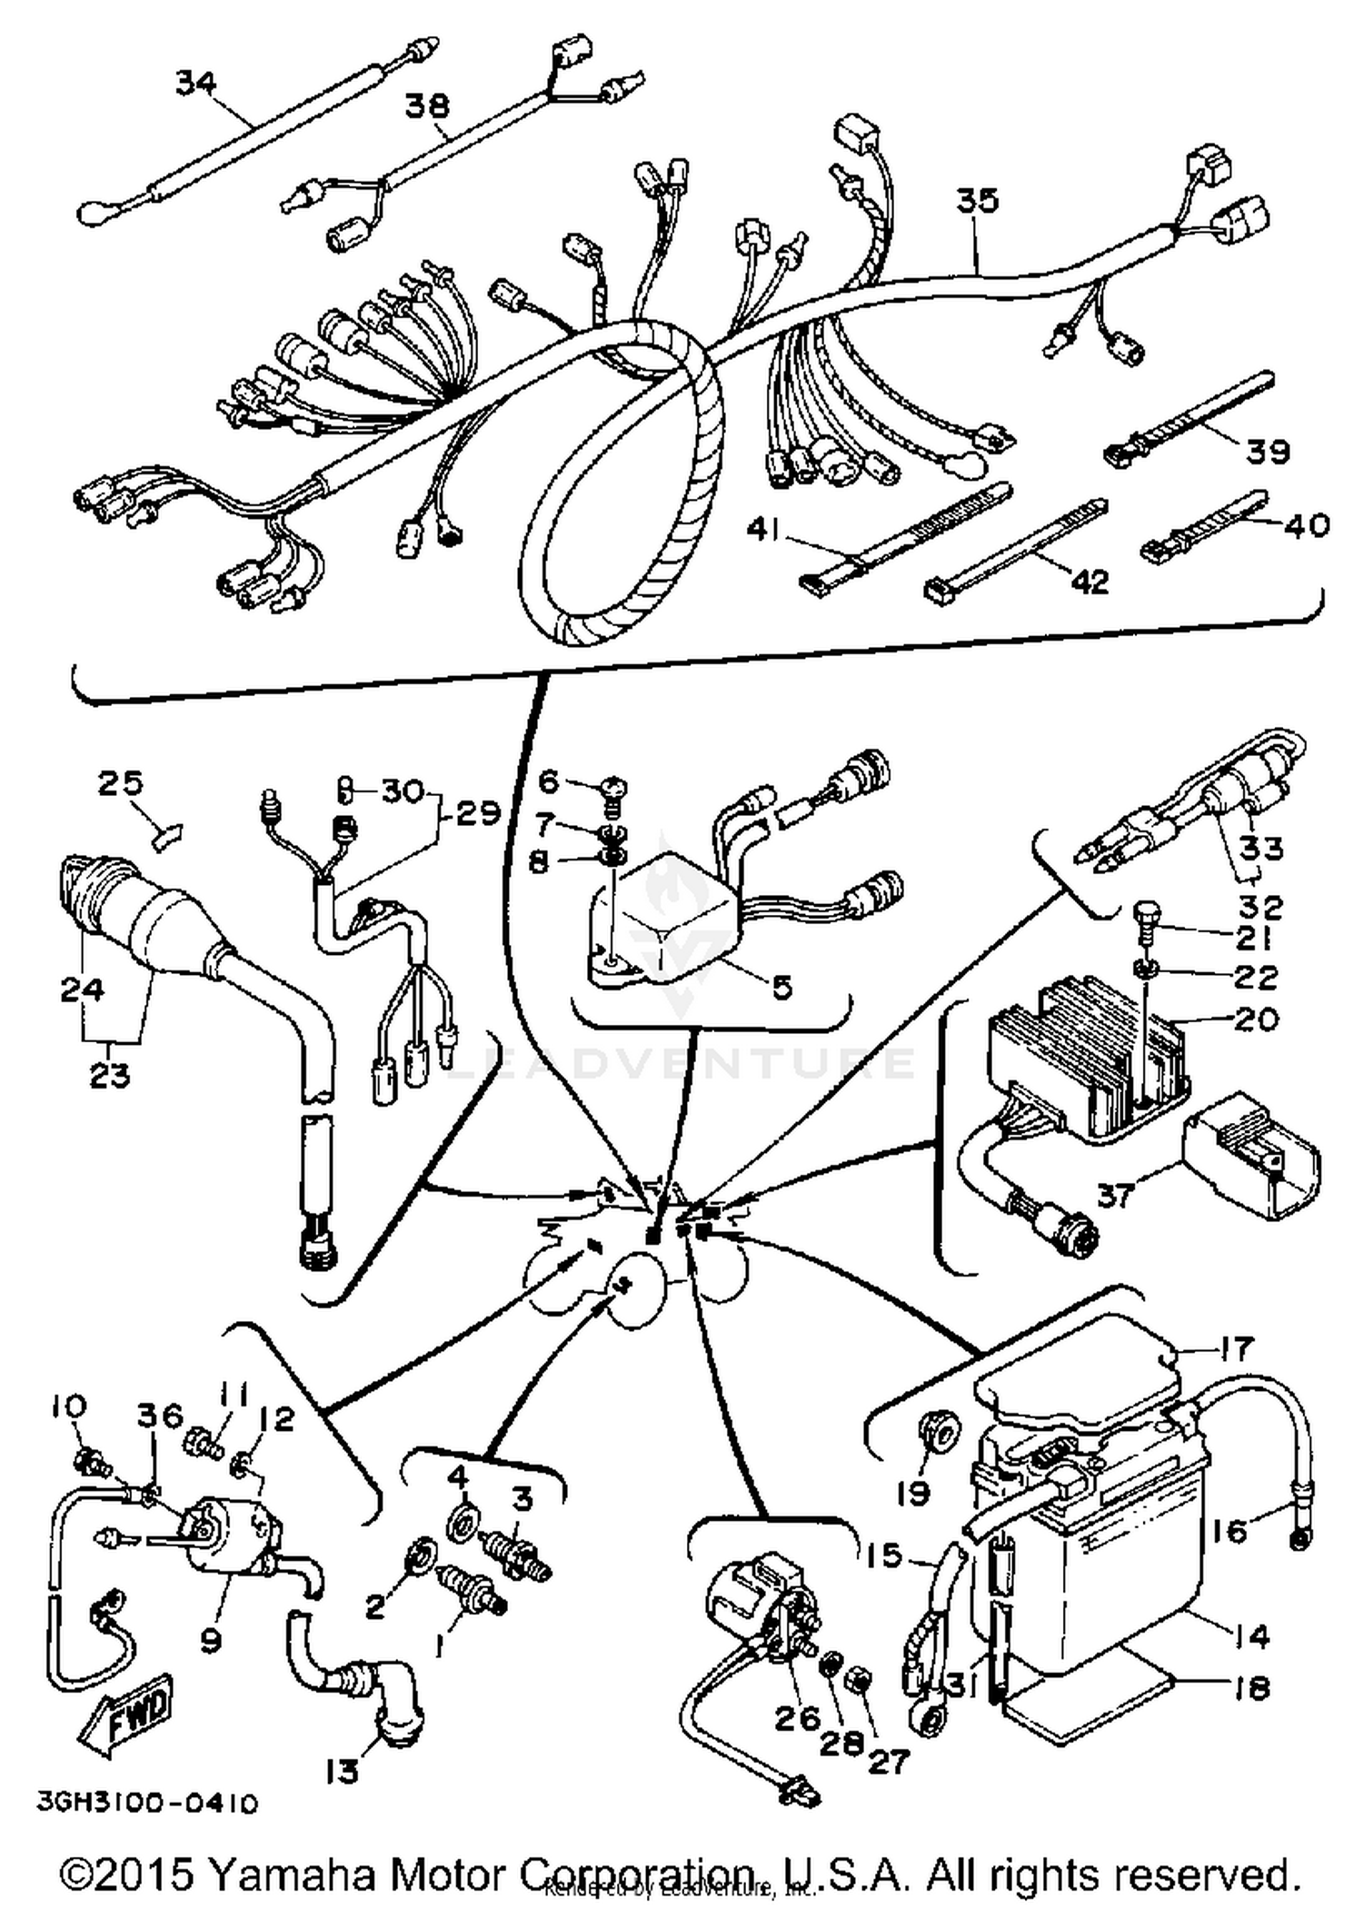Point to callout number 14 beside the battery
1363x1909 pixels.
coord(1251,1636)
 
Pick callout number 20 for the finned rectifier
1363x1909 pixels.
coord(1257,1019)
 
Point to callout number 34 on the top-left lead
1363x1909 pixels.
coord(195,83)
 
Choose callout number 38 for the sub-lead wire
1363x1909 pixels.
coord(426,105)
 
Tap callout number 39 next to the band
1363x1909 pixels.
coord(1267,451)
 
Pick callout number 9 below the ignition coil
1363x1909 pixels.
coord(211,1640)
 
